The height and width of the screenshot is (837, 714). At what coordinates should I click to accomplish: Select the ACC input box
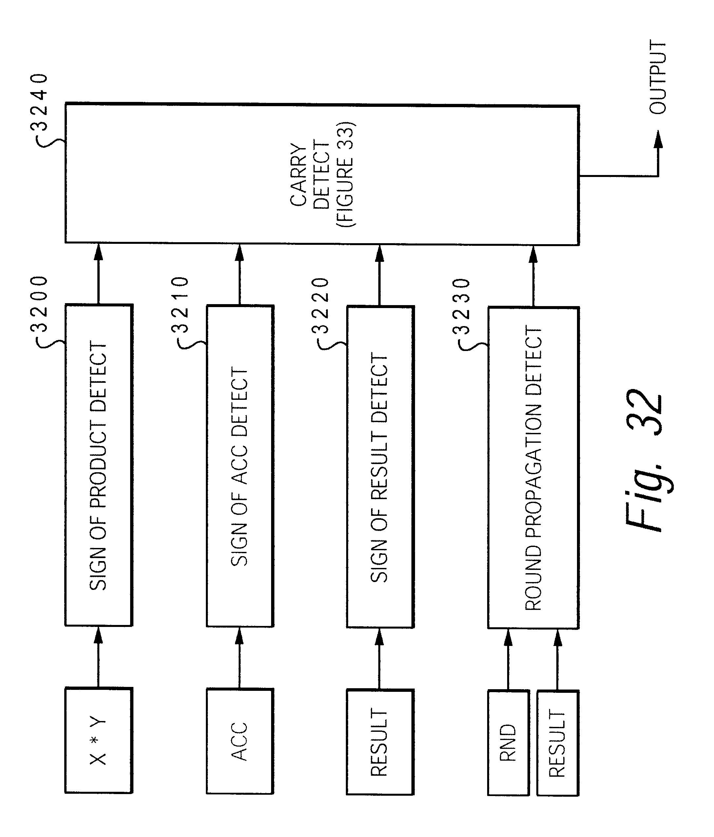(x=240, y=741)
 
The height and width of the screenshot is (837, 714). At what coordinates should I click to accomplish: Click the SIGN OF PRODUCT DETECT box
(x=99, y=465)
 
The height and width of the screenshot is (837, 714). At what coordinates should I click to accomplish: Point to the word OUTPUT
(x=657, y=77)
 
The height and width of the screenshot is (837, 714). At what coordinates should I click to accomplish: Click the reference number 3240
(x=39, y=101)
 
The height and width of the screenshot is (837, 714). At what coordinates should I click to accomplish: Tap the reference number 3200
(x=39, y=304)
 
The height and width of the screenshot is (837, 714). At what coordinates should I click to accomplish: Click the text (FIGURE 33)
(x=346, y=174)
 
